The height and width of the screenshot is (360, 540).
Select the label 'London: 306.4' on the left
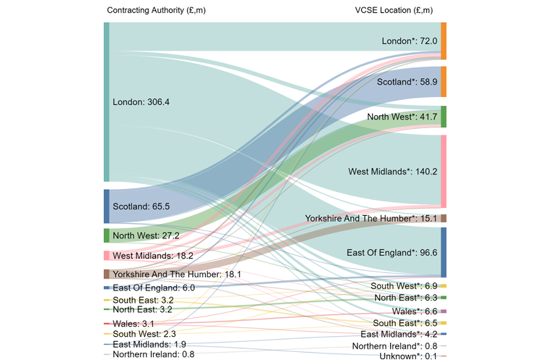pyautogui.click(x=141, y=102)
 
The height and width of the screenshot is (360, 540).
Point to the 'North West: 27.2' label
pyautogui.click(x=146, y=235)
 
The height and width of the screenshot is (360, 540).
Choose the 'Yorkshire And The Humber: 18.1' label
pyautogui.click(x=177, y=274)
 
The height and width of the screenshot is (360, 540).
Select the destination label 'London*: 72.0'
pyautogui.click(x=409, y=41)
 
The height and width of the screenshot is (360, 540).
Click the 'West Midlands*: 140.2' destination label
pyautogui.click(x=393, y=171)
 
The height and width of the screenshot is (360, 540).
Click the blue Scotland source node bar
pyautogui.click(x=107, y=206)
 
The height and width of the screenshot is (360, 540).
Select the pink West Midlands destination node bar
pyautogui.click(x=443, y=171)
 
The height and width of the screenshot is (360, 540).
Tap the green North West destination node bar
pyautogui.click(x=443, y=117)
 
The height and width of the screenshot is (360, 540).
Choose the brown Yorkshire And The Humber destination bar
pyautogui.click(x=443, y=218)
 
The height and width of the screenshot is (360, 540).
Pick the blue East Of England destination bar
pyautogui.click(x=443, y=252)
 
